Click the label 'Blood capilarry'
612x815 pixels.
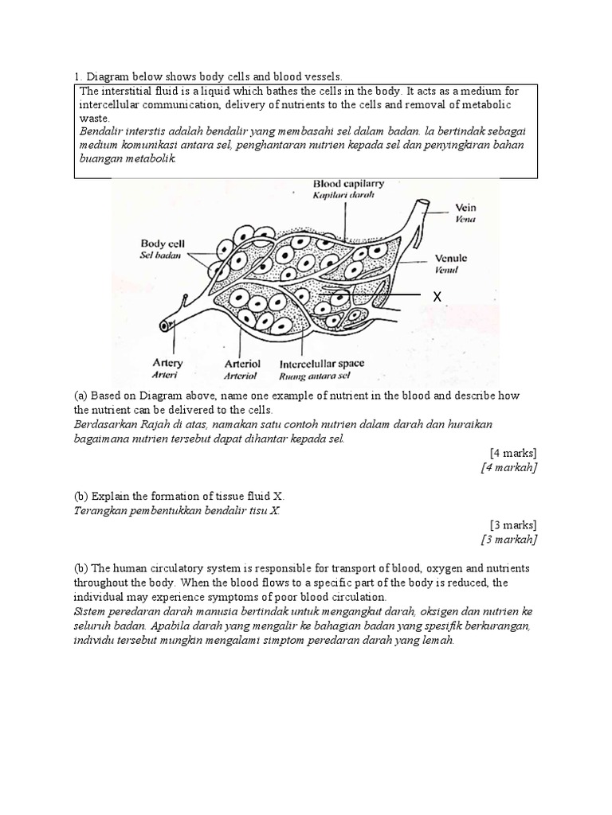click(x=348, y=182)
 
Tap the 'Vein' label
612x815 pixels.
click(x=465, y=207)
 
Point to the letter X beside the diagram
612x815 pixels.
click(x=436, y=297)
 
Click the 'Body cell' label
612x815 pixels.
click(x=164, y=243)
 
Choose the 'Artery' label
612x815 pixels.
click(x=167, y=363)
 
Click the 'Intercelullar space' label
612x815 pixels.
click(x=321, y=363)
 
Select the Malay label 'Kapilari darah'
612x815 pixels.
click(x=343, y=195)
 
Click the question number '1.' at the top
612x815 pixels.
click(x=78, y=76)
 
